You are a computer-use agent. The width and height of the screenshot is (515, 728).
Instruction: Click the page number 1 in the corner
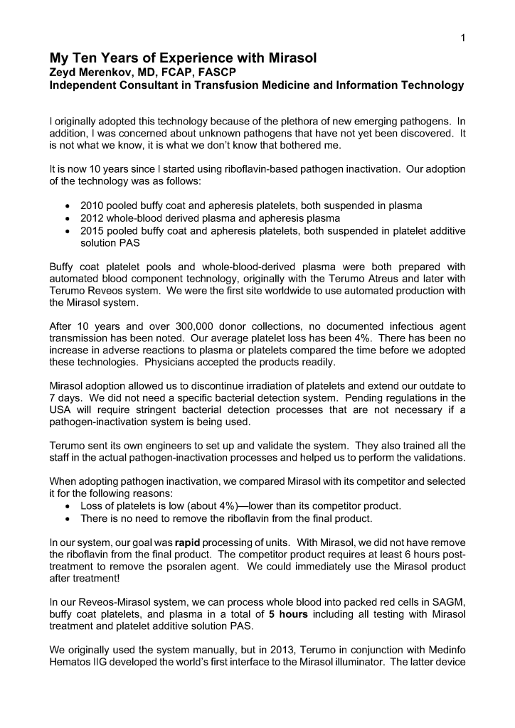(462, 38)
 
